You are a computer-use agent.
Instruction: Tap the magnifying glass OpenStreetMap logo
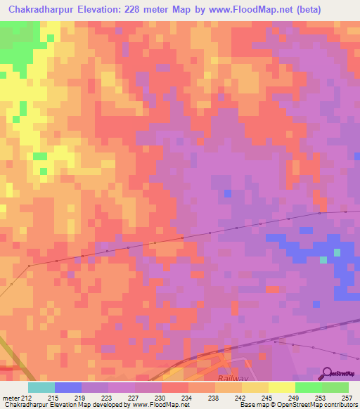pos(328,373)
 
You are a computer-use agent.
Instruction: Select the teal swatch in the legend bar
pos(41,387)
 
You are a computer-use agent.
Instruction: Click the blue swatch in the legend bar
pos(67,387)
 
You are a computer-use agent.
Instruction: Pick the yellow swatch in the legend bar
pos(281,387)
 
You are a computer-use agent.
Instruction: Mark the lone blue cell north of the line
pos(227,193)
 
